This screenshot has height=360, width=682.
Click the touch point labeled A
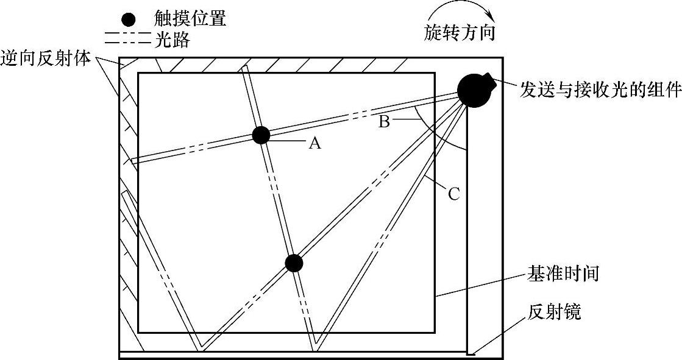point(260,135)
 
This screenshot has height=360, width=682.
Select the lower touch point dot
point(294,263)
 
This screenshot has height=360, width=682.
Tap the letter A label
point(314,143)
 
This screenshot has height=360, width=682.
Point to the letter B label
point(384,122)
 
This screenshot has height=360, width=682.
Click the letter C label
point(454,194)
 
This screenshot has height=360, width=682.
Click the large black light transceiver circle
point(474,90)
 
